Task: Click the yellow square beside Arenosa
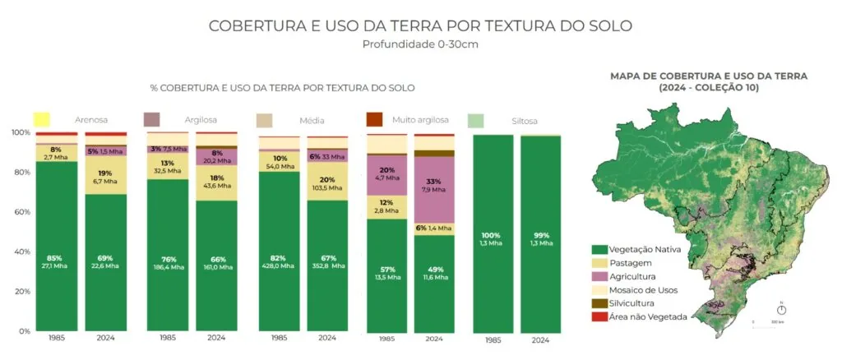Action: (x=43, y=119)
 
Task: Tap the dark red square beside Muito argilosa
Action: (x=374, y=119)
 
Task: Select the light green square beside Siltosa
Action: (x=475, y=121)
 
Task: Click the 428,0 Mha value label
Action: (x=279, y=266)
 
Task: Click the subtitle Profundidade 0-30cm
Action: (x=420, y=44)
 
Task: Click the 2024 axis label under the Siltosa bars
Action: (x=540, y=339)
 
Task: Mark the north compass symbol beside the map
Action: (x=781, y=308)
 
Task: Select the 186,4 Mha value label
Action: (x=167, y=266)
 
